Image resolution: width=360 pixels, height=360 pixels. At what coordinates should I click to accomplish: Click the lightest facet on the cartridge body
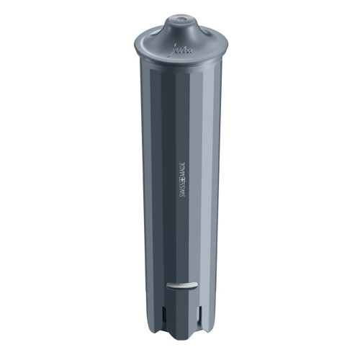(x=216, y=180)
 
